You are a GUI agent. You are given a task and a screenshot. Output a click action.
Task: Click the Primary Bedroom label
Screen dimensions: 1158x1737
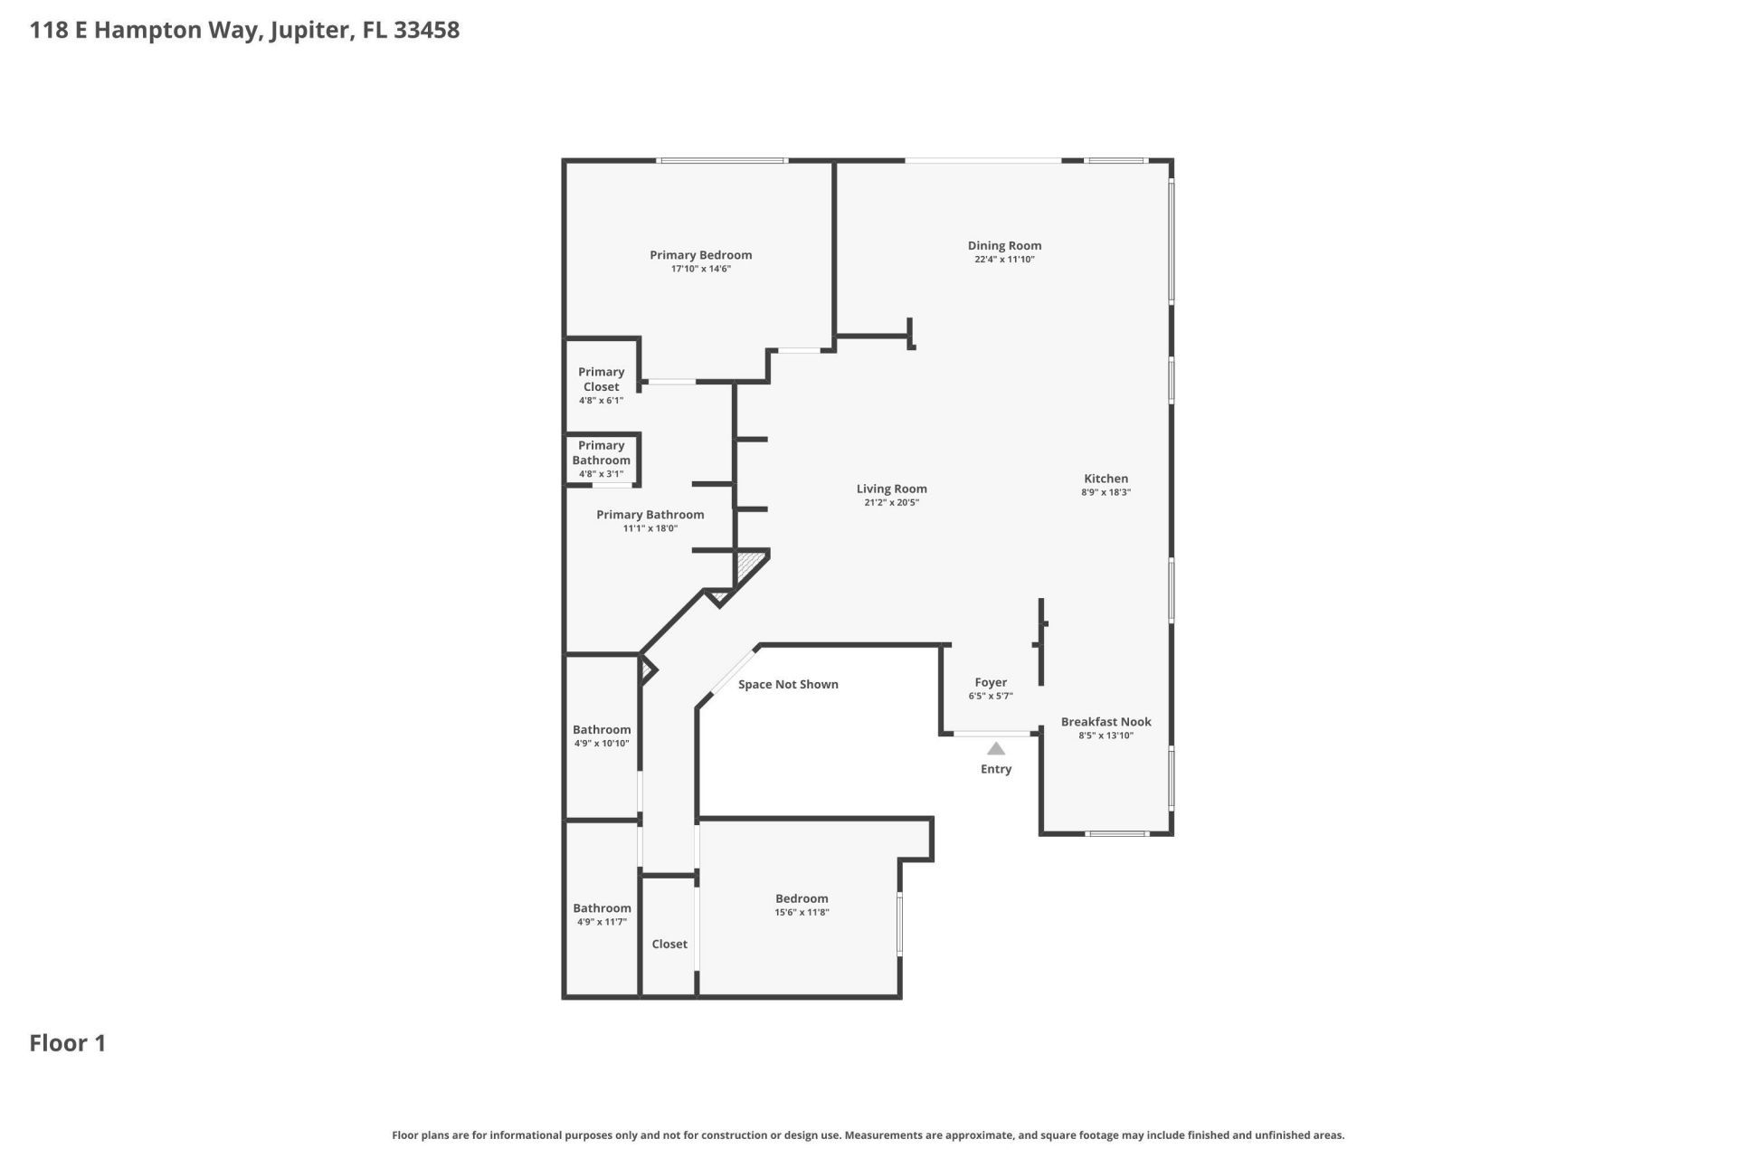[700, 255]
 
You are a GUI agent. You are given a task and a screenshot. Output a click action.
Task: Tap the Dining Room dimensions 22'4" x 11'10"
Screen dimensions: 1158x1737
[1004, 260]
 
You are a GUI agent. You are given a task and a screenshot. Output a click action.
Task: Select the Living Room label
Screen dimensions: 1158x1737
[891, 489]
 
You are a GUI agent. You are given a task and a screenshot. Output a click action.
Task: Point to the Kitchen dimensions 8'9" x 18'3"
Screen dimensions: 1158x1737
[1106, 493]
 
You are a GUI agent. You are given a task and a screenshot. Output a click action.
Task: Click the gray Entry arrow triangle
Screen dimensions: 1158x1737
[995, 748]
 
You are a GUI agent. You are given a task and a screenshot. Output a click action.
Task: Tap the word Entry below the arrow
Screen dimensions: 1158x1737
[995, 769]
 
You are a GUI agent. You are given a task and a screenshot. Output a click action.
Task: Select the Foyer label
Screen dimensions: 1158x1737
[990, 682]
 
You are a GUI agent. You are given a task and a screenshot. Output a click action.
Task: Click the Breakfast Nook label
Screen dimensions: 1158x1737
[1106, 722]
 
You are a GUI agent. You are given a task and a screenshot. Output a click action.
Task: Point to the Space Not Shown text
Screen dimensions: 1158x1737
[787, 684]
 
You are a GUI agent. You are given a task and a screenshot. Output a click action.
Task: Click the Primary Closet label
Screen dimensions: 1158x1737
[601, 379]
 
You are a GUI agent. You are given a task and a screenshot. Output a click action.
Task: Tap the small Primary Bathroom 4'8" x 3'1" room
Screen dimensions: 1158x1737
[601, 459]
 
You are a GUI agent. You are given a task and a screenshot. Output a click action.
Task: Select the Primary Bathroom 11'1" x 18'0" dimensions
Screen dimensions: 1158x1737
[650, 529]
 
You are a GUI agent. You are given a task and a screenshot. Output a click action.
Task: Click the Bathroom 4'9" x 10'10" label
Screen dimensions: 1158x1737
[601, 730]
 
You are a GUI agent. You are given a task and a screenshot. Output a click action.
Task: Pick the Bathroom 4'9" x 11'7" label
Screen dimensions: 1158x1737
[601, 908]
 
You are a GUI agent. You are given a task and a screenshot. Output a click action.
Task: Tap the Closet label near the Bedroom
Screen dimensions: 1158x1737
[669, 944]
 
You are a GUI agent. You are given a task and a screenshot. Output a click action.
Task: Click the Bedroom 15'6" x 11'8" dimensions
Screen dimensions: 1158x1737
[802, 913]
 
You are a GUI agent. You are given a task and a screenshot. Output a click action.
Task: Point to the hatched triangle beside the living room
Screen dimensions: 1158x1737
[750, 565]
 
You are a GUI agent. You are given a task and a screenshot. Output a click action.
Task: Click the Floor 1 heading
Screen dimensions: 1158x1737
[68, 1043]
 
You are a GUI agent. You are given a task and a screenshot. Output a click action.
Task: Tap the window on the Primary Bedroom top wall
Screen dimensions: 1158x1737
[722, 161]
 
